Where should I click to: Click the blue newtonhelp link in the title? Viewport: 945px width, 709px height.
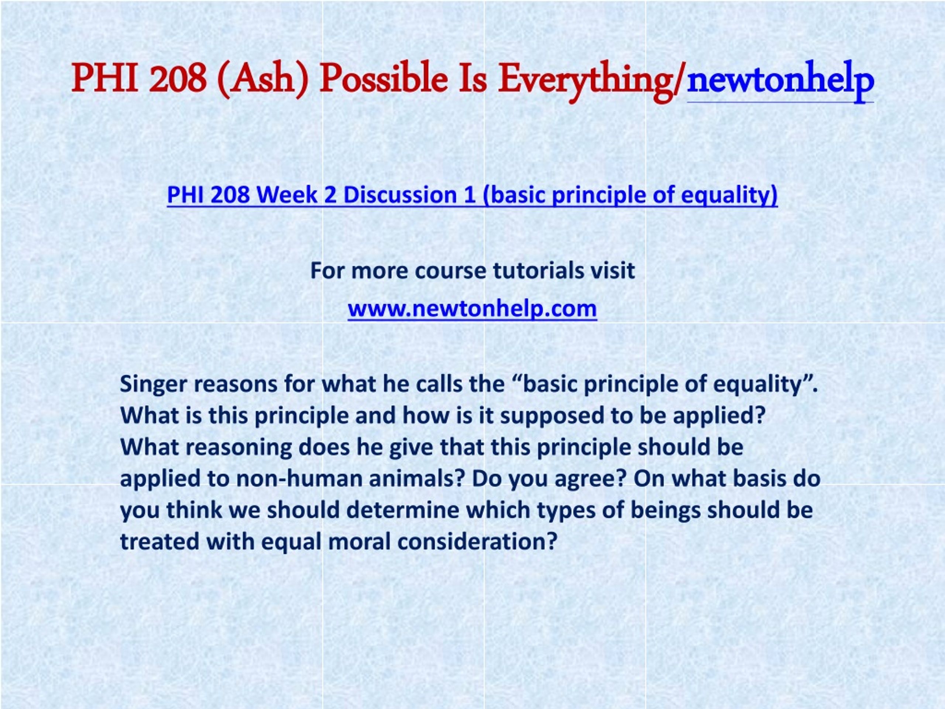(x=780, y=81)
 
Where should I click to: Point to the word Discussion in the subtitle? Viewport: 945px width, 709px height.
(x=400, y=195)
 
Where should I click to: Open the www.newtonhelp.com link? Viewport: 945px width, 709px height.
(x=472, y=309)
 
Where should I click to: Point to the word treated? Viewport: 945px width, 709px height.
(x=159, y=542)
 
